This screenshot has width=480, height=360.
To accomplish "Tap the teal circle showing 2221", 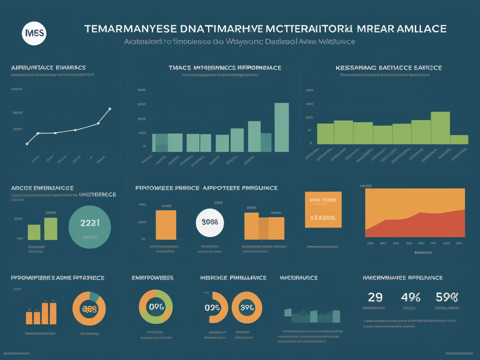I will point(90,224).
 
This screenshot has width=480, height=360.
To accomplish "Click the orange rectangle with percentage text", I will point(323,209).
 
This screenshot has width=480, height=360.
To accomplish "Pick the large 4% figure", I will point(411,297).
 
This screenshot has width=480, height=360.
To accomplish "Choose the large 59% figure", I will point(446,297).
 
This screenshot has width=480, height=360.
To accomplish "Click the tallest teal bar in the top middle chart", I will point(281,127).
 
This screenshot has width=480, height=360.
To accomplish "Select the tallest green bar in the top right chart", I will point(440,127).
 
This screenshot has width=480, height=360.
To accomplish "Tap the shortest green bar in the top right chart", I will point(459,139).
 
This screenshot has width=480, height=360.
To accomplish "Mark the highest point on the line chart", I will point(110,109).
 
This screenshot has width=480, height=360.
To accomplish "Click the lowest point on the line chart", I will point(27,143).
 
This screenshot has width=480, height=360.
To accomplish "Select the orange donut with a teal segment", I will point(90,308).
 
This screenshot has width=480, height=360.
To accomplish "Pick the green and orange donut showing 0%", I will point(157,307).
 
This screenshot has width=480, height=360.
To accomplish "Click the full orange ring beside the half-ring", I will point(247,307).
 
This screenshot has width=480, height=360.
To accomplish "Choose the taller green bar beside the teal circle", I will point(50,228).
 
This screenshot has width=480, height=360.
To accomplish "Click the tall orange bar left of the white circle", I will point(166,225).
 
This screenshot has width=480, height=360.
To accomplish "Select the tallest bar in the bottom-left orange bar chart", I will point(53,313).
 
